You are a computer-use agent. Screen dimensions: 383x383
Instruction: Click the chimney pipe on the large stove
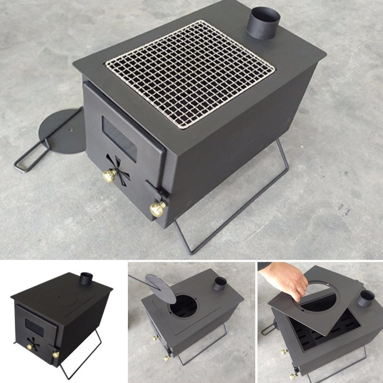point(263,23)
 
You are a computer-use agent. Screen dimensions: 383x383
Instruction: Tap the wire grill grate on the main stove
point(190,74)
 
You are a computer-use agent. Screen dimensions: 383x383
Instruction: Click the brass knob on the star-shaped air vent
point(109,176)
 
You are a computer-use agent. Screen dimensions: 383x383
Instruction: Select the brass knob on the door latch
point(158,209)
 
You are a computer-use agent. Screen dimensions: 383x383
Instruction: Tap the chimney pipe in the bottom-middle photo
point(219,284)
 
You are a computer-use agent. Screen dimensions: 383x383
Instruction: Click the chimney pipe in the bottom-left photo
point(86,279)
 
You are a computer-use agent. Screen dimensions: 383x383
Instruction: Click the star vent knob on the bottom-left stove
point(31,347)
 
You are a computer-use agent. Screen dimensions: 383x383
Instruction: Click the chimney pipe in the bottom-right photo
point(366,298)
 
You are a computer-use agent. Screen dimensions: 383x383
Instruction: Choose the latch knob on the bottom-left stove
point(55,355)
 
